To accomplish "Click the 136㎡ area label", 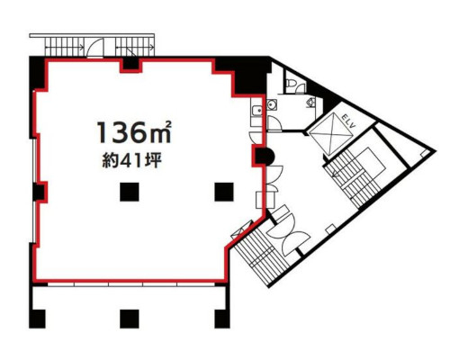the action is (134, 132).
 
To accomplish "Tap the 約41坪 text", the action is (132, 162).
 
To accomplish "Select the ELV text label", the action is (348, 121).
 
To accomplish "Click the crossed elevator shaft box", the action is (330, 134).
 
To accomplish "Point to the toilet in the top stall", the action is (291, 84).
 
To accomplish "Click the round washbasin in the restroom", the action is (272, 104).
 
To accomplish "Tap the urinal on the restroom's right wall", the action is (311, 103).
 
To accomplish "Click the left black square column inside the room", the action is (130, 192).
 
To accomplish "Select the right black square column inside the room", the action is (224, 192).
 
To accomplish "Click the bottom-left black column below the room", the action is (37, 319).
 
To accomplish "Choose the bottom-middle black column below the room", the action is (130, 319).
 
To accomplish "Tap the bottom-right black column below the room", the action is (222, 319).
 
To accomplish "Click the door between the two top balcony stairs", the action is (95, 48).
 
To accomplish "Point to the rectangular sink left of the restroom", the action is (256, 111).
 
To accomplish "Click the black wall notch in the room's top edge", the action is (130, 65).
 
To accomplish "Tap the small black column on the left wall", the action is (39, 192).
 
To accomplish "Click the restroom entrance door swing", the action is (274, 123).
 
